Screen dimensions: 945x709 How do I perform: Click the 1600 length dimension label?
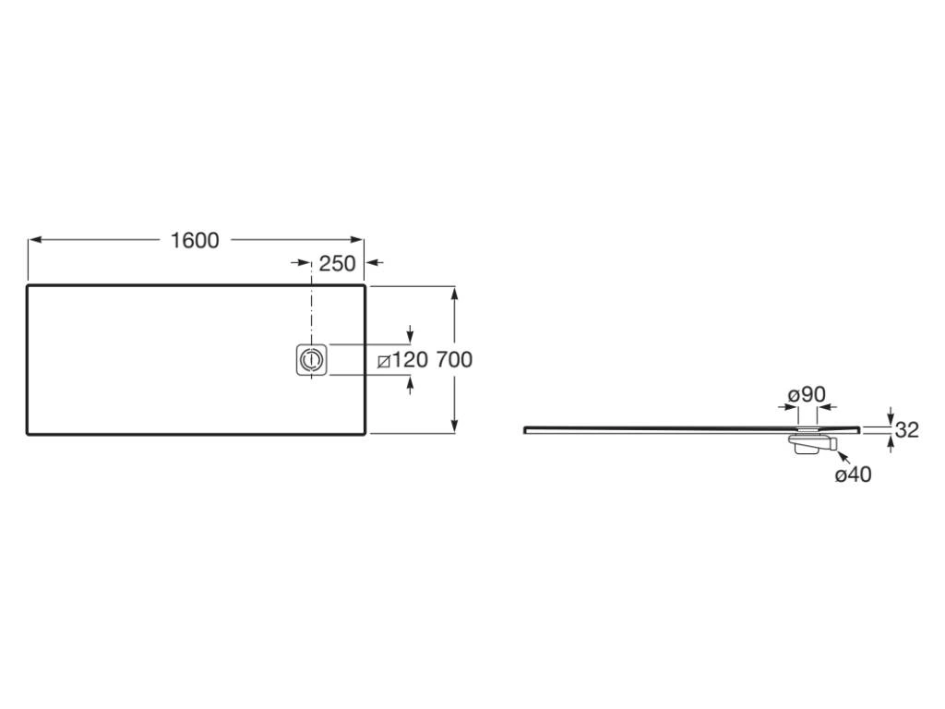195,241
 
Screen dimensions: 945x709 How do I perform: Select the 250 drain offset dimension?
337,263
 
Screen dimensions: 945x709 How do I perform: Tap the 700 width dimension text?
454,360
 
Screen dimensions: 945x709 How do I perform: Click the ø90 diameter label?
807,395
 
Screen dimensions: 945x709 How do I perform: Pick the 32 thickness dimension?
907,430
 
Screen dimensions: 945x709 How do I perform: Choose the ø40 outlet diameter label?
853,475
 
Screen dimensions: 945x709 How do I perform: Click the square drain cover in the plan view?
312,360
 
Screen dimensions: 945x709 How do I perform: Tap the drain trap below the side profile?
811,443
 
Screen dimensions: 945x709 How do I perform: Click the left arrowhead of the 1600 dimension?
35,240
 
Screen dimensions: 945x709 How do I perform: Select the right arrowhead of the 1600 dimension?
357,240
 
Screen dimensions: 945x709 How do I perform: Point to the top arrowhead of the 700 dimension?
454,294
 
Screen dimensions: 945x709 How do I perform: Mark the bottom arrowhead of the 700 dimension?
454,426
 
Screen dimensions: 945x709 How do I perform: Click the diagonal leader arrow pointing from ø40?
843,457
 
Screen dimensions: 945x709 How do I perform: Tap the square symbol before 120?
383,362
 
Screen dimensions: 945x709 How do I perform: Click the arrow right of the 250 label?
376,263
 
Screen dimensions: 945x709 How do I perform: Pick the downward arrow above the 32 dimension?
891,416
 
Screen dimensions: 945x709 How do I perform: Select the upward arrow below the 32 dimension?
891,443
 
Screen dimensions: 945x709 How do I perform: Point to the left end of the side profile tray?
525,429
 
